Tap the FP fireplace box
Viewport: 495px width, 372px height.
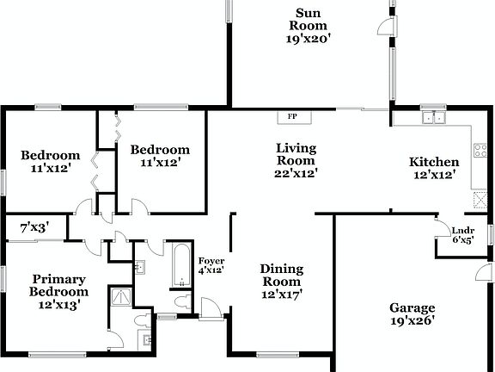pyautogui.click(x=292, y=116)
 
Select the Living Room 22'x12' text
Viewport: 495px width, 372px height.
pyautogui.click(x=296, y=160)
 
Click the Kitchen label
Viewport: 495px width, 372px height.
pyautogui.click(x=433, y=162)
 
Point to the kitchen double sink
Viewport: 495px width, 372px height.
pyautogui.click(x=433, y=118)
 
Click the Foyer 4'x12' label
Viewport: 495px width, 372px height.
pyautogui.click(x=211, y=265)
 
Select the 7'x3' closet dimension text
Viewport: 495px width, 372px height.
pyautogui.click(x=34, y=227)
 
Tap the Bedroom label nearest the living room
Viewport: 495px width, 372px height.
pyautogui.click(x=159, y=149)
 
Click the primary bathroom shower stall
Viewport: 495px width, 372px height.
pyautogui.click(x=120, y=298)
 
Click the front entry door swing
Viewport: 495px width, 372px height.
pyautogui.click(x=210, y=307)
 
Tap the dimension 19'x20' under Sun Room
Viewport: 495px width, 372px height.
pyautogui.click(x=309, y=38)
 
